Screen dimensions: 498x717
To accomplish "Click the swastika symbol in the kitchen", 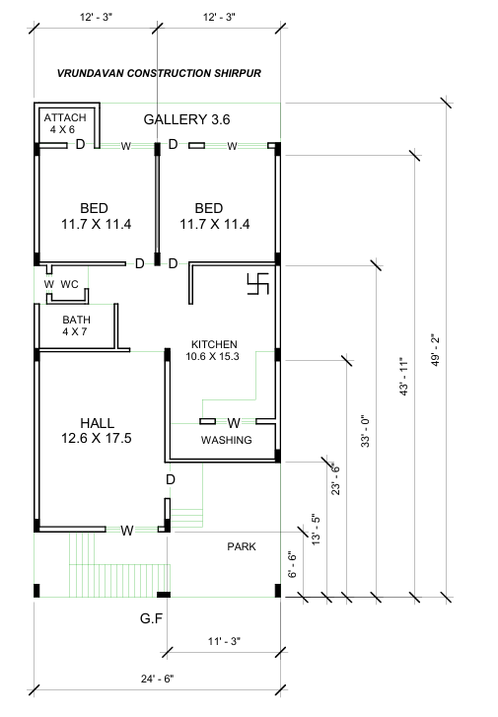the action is (x=258, y=284).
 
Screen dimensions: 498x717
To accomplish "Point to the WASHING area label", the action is (x=227, y=440).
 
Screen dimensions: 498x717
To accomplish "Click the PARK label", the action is (x=242, y=546).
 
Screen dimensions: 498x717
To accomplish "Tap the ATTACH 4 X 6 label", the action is (x=65, y=123).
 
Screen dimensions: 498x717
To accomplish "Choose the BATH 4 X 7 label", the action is (x=76, y=325).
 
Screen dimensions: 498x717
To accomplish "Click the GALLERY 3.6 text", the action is (x=186, y=119).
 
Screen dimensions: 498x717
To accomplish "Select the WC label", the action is (x=69, y=284).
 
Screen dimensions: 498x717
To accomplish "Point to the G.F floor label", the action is (x=151, y=618).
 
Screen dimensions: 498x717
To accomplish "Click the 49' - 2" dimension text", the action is (x=435, y=350).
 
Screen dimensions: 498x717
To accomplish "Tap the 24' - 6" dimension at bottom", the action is (x=158, y=679).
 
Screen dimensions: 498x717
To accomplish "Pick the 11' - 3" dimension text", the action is (x=224, y=641).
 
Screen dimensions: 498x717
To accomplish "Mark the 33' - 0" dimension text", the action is (x=366, y=431).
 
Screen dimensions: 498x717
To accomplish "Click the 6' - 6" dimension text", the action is (x=293, y=565).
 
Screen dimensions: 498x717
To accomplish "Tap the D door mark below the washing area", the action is (x=171, y=479).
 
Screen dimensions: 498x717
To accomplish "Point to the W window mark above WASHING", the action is (x=234, y=423).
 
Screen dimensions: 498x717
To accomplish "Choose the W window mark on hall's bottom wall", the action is (x=127, y=531).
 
